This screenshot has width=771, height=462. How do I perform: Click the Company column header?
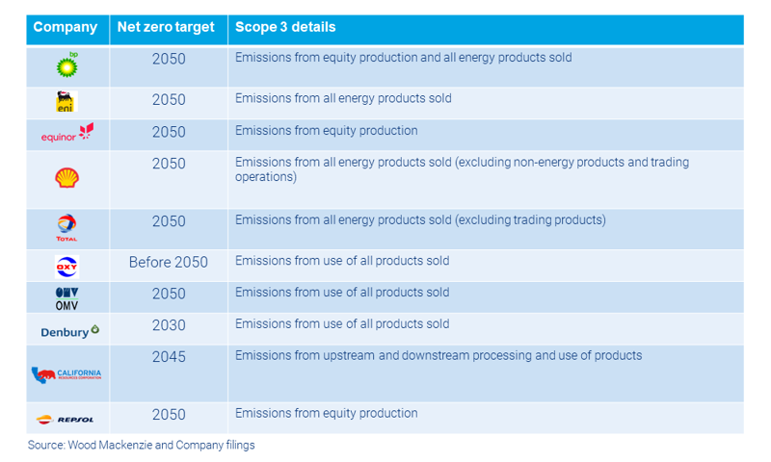tap(65, 27)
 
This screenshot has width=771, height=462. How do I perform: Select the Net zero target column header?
tap(165, 27)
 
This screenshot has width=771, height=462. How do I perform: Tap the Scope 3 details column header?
tap(285, 27)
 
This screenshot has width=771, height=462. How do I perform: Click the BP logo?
tap(67, 64)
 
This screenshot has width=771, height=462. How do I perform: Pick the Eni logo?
tap(66, 102)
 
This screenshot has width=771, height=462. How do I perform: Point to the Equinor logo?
tap(67, 133)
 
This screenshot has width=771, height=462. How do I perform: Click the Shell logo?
tap(66, 177)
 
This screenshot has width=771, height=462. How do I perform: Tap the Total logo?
tap(66, 228)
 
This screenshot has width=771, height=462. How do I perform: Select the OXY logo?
tap(66, 266)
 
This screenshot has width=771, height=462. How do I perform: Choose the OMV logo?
tap(66, 297)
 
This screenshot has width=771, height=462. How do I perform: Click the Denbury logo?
tap(69, 331)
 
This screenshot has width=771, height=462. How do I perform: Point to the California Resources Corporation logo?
tap(66, 374)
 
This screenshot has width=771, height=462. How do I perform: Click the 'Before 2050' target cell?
tap(169, 262)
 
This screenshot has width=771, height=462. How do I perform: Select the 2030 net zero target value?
tap(169, 324)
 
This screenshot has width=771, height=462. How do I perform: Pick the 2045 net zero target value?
tap(169, 356)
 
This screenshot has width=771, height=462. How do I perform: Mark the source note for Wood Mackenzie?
tap(141, 446)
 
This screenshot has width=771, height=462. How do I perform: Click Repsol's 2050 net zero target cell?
tap(169, 414)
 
